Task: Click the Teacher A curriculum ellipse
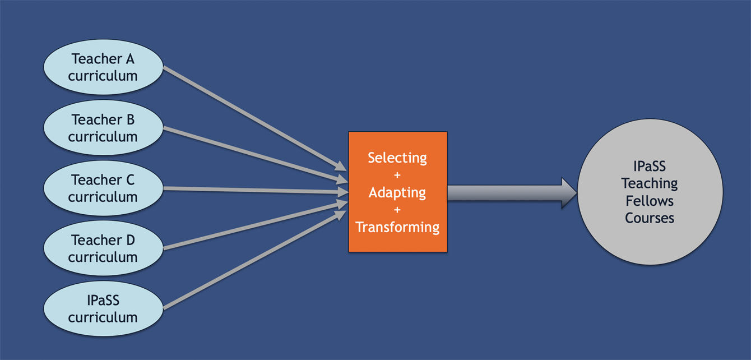(x=103, y=67)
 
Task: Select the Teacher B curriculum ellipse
(x=103, y=128)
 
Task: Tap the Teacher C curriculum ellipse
(x=103, y=188)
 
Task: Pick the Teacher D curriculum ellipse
(x=103, y=248)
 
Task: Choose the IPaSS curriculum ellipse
(x=103, y=308)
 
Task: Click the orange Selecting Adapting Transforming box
(x=398, y=192)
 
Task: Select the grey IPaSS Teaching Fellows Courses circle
(x=650, y=192)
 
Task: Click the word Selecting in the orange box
(x=397, y=158)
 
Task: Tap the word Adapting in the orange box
(x=397, y=192)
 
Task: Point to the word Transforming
(x=397, y=227)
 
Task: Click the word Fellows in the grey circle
(x=650, y=201)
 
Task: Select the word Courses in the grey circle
(x=650, y=218)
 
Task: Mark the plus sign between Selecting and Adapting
(x=397, y=175)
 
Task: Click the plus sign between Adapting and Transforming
(x=397, y=210)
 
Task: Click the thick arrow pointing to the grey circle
(x=512, y=193)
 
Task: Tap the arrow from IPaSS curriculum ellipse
(x=255, y=260)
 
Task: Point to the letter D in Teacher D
(x=131, y=240)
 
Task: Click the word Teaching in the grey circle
(x=650, y=183)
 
